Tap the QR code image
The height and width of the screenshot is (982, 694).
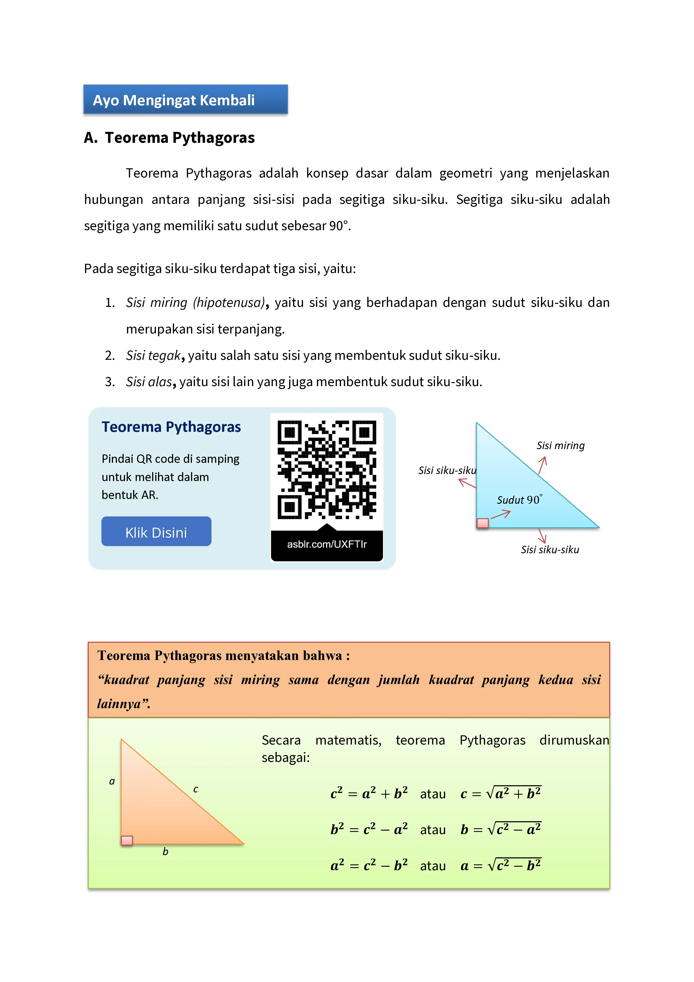pyautogui.click(x=327, y=470)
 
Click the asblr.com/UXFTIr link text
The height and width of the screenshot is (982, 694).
pyautogui.click(x=327, y=544)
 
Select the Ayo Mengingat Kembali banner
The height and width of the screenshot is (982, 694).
pyautogui.click(x=185, y=100)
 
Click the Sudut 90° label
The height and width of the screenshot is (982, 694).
pyautogui.click(x=519, y=500)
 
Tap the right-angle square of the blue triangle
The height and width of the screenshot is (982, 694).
pyautogui.click(x=483, y=523)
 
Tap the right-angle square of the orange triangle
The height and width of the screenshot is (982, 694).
pyautogui.click(x=127, y=840)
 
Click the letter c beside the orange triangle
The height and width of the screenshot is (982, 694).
pyautogui.click(x=196, y=789)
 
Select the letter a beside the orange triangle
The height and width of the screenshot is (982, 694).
pyautogui.click(x=112, y=782)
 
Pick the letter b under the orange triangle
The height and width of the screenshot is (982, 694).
pyautogui.click(x=165, y=852)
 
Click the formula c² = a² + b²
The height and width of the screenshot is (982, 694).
pyautogui.click(x=369, y=793)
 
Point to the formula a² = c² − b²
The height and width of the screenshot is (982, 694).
pyautogui.click(x=369, y=865)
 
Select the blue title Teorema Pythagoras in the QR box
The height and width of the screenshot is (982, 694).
pyautogui.click(x=171, y=427)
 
